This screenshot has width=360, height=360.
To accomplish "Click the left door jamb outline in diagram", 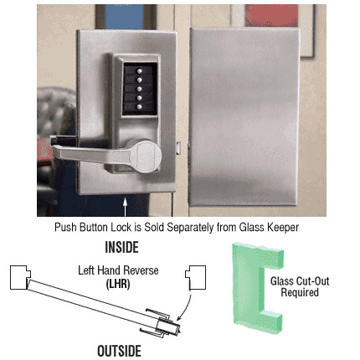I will [x=22, y=276].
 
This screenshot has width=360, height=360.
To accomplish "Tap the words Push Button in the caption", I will [x=80, y=226].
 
